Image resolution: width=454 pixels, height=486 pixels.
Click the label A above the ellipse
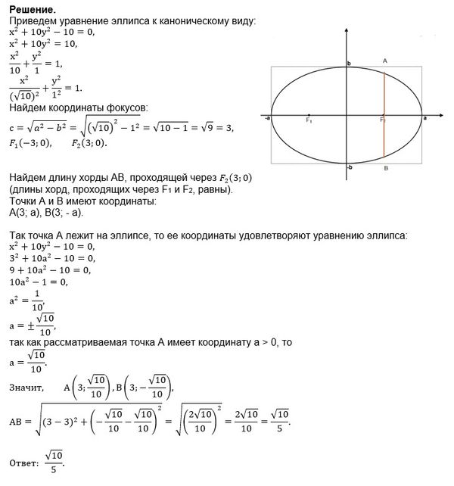point(385,60)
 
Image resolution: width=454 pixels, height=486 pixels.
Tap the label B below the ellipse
point(385,170)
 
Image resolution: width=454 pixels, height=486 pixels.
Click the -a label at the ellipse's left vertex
point(269,119)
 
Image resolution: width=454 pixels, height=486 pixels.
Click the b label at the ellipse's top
point(349,65)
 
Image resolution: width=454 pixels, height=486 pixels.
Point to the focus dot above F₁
point(309,114)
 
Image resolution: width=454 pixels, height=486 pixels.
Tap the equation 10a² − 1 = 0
point(39,282)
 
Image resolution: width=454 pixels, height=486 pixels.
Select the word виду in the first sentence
point(240,20)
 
